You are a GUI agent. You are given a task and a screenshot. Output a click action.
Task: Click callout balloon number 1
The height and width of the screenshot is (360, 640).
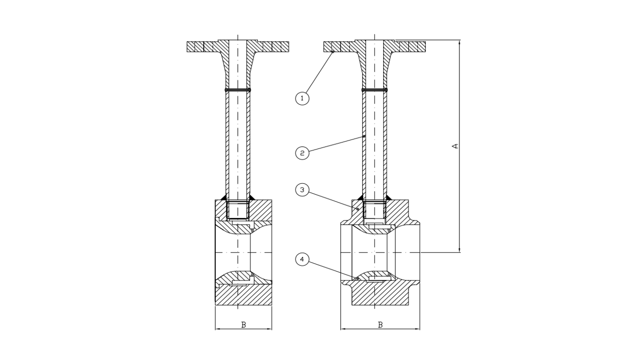point(302,97)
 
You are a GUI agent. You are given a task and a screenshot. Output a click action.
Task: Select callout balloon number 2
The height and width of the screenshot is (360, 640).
point(302,153)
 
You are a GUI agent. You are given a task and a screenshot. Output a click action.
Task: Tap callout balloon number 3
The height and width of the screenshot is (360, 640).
point(302,190)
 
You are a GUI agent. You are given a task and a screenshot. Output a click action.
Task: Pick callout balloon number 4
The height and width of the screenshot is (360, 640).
point(302,259)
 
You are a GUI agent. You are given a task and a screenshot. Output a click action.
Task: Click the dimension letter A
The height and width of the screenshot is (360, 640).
point(455,146)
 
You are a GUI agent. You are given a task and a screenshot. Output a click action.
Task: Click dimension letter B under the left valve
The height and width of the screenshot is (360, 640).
point(243,325)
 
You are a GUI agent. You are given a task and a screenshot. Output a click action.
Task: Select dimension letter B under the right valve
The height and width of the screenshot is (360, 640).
point(380,325)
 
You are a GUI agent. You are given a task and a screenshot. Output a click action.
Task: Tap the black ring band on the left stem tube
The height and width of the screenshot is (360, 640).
point(238,91)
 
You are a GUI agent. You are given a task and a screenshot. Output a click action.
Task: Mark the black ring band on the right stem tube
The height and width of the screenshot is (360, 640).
point(375,91)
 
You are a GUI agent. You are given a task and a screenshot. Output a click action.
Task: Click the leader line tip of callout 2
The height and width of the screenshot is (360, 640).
point(364,137)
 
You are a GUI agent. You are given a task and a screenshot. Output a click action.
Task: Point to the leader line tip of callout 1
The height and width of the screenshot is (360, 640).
point(333,52)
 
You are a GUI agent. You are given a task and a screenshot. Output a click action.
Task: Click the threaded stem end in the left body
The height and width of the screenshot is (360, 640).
point(238,211)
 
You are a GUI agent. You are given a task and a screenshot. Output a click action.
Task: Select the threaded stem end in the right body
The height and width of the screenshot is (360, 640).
point(375,211)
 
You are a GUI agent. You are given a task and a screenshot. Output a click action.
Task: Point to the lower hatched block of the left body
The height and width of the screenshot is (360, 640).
point(243,295)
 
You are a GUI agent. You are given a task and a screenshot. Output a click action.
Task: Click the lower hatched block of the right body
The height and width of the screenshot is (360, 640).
point(380,295)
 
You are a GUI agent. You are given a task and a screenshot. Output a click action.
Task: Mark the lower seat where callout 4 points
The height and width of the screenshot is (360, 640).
point(358,278)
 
